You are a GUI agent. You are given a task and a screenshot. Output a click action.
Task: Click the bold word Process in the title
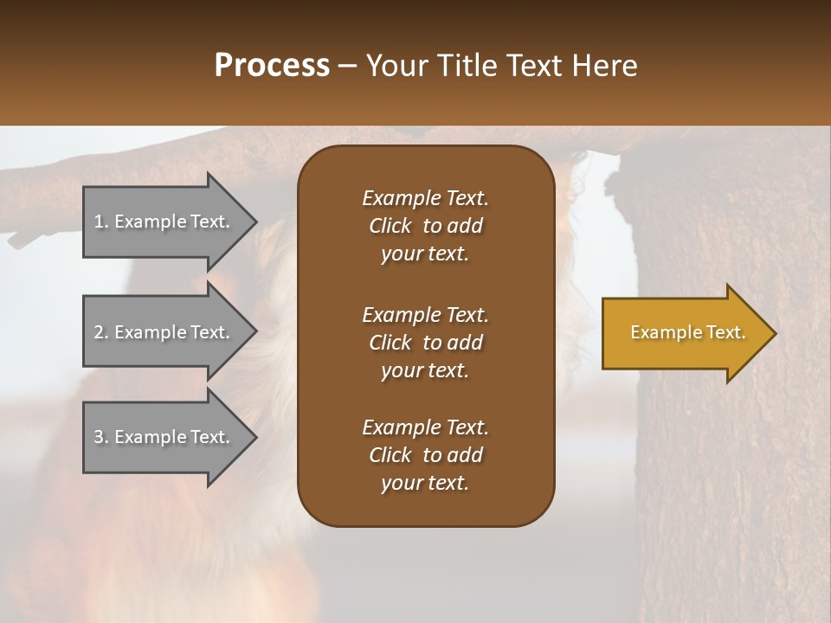pyautogui.click(x=272, y=66)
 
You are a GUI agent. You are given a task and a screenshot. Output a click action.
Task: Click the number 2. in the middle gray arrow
pyautogui.click(x=101, y=332)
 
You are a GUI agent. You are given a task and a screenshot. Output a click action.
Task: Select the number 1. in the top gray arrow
pyautogui.click(x=101, y=222)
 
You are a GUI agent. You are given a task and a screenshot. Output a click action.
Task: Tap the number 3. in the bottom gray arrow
pyautogui.click(x=101, y=437)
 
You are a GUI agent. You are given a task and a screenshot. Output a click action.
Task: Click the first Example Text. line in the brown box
pyautogui.click(x=425, y=198)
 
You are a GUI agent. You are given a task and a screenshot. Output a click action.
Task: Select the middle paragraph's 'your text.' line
pyautogui.click(x=425, y=370)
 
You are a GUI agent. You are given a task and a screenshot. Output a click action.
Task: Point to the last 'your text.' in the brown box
pyautogui.click(x=425, y=483)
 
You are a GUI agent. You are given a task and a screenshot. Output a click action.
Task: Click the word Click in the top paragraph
pyautogui.click(x=390, y=226)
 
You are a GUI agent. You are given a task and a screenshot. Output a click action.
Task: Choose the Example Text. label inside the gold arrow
pyautogui.click(x=687, y=332)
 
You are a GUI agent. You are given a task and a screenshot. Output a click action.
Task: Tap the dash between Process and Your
pyautogui.click(x=348, y=66)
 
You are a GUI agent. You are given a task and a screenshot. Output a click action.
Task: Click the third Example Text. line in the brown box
pyautogui.click(x=425, y=427)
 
